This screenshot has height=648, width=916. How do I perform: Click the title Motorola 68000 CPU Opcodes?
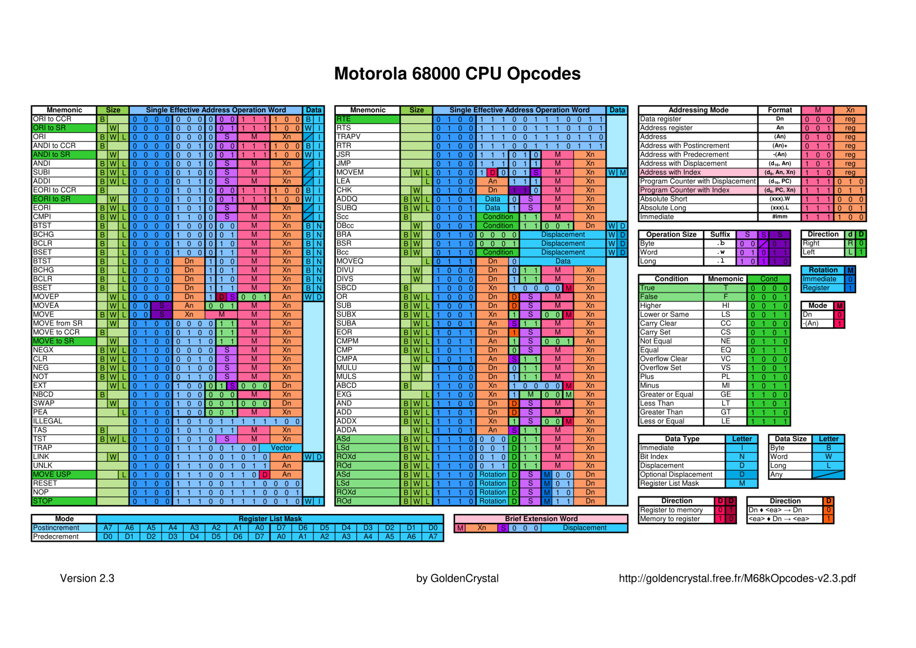click(457, 73)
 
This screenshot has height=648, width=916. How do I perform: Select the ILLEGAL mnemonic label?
click(48, 421)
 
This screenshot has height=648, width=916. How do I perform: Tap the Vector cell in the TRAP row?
click(281, 448)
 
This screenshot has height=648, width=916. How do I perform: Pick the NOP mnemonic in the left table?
click(41, 492)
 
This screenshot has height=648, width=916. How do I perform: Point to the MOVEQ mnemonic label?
click(350, 261)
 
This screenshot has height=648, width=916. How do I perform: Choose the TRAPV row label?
click(348, 137)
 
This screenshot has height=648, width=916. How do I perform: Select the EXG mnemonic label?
click(344, 395)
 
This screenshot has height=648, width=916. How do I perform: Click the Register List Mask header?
click(270, 519)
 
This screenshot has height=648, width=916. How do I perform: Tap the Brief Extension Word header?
click(541, 519)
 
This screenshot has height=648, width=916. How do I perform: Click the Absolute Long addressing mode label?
click(663, 208)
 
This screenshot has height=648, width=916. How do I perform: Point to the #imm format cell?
click(779, 217)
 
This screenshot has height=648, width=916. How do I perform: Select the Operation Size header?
click(671, 234)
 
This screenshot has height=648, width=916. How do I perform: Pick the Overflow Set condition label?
click(661, 368)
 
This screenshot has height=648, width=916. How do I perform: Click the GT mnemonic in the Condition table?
click(725, 412)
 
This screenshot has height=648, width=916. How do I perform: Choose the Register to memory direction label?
click(671, 510)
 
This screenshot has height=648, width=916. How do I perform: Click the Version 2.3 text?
click(87, 578)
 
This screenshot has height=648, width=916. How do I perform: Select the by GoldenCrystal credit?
click(457, 578)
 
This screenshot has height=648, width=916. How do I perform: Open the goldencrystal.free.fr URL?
click(737, 578)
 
